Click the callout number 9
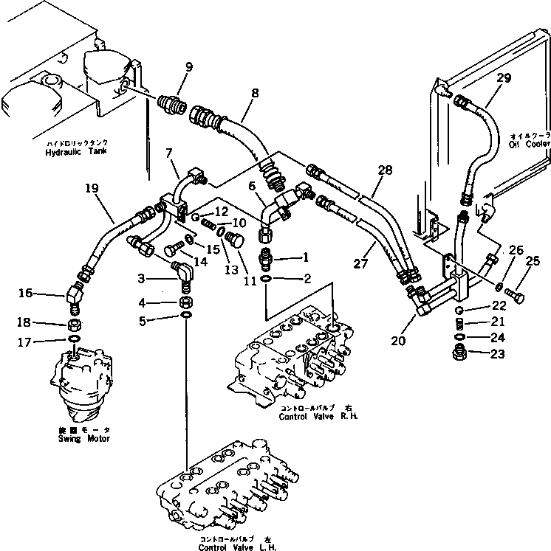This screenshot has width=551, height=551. pos(189,67)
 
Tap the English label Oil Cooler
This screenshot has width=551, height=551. pos(529,144)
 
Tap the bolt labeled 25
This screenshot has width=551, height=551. pos(514,297)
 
